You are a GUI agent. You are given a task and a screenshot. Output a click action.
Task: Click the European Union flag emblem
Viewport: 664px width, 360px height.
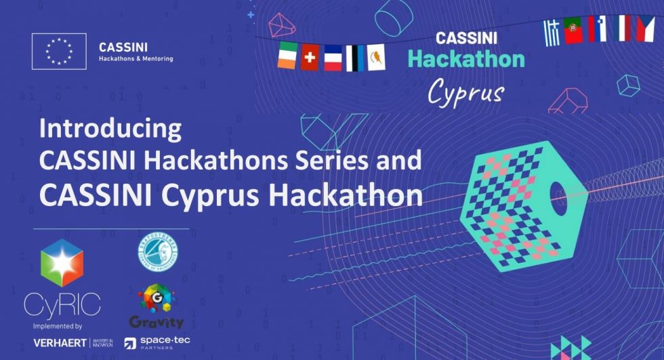(59, 52)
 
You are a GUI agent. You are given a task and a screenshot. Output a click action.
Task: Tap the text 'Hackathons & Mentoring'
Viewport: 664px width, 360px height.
(136, 59)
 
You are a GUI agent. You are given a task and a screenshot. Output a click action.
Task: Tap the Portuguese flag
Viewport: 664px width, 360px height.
(574, 31)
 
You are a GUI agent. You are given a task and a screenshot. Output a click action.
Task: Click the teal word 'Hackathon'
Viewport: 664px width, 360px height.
(465, 58)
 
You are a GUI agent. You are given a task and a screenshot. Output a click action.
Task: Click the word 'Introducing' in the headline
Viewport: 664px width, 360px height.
(110, 128)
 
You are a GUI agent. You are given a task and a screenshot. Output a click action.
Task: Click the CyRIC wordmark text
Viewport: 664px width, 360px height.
(62, 306)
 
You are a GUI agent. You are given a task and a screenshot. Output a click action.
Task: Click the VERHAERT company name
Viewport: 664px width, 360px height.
(60, 342)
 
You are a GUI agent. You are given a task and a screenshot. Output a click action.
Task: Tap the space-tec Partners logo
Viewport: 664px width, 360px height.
(158, 343)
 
